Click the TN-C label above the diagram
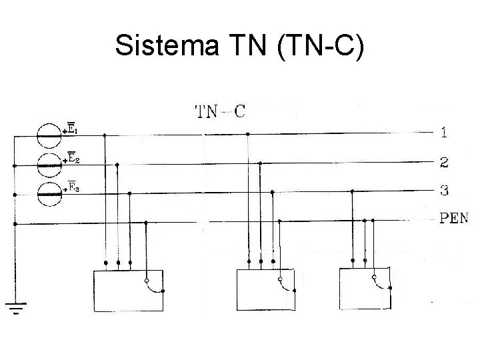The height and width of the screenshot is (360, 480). point(219,111)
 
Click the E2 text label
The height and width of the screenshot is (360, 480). point(74,157)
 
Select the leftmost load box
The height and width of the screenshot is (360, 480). point(127,291)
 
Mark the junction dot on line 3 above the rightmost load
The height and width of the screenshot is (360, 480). point(352,191)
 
